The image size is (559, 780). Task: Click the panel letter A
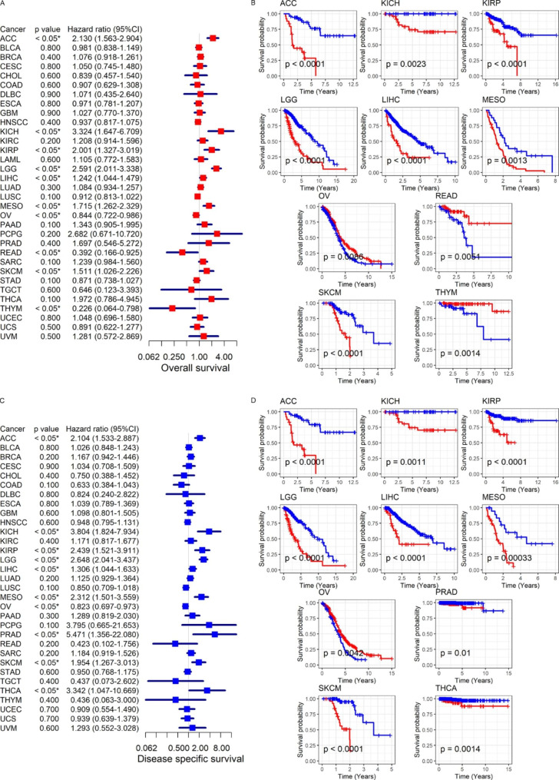[x=4, y=5]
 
